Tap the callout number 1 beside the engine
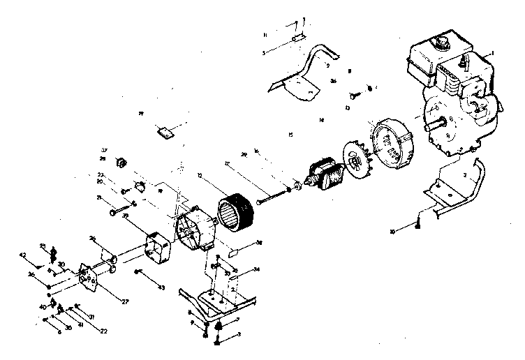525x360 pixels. (493, 53)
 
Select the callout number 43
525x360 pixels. (162, 287)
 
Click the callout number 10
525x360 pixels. (393, 230)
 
